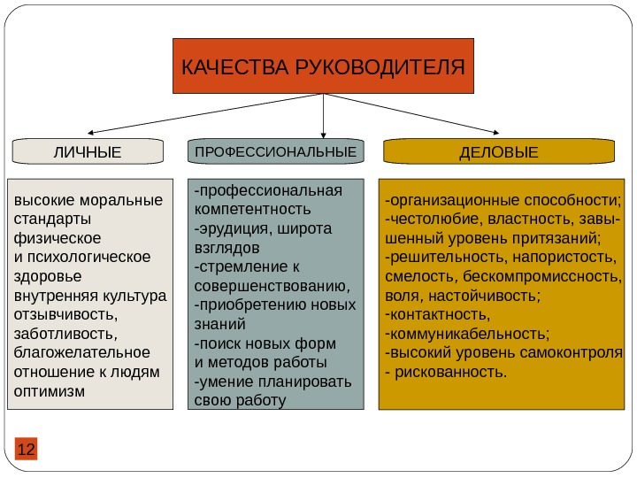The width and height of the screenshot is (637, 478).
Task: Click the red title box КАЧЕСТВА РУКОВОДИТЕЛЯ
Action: [323, 66]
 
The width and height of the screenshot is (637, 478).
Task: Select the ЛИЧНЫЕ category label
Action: [88, 152]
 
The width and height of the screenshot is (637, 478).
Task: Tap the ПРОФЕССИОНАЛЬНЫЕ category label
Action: [276, 152]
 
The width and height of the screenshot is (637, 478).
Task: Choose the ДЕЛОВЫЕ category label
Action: [498, 152]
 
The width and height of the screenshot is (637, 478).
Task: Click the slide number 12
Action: [27, 450]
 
